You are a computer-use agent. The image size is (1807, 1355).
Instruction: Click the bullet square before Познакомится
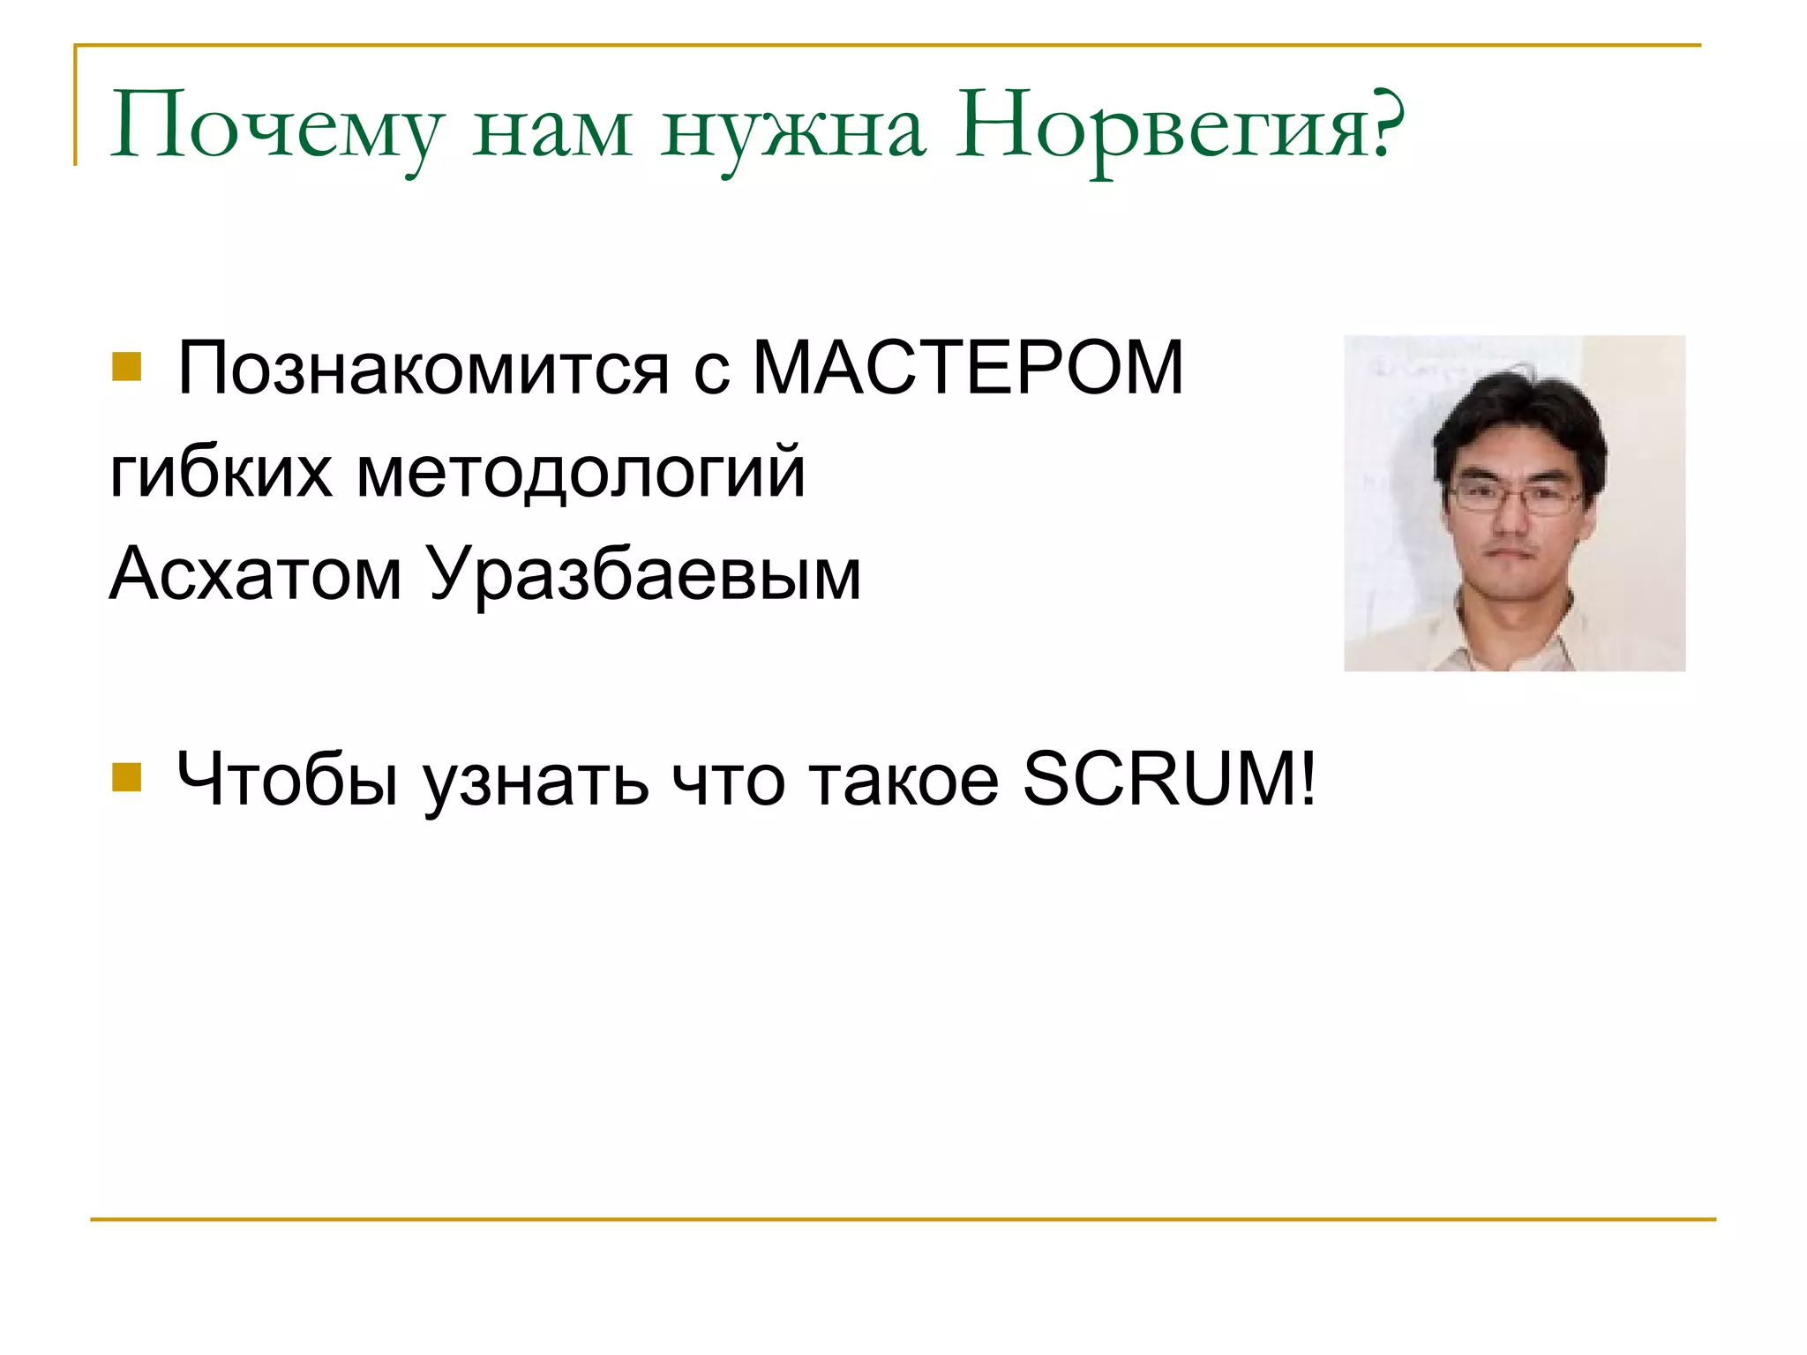click(x=127, y=367)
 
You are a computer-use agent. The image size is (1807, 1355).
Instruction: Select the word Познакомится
click(x=423, y=369)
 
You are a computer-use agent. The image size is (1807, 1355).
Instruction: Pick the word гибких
click(x=221, y=472)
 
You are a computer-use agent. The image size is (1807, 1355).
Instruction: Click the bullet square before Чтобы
click(x=127, y=777)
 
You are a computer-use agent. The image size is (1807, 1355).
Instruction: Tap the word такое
click(x=904, y=780)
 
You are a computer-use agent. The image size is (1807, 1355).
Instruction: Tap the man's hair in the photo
click(x=1518, y=415)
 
